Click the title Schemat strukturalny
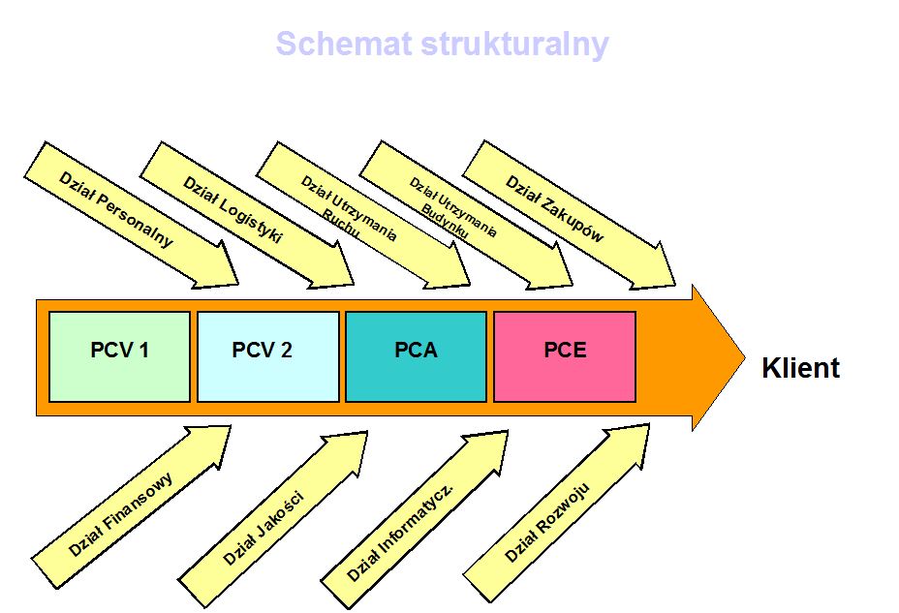pos(442,45)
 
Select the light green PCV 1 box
pos(119,356)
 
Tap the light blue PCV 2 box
pos(268,356)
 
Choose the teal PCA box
pos(416,356)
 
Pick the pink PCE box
pos(565,356)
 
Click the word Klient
pos(800,369)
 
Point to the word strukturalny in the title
pos(501,45)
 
